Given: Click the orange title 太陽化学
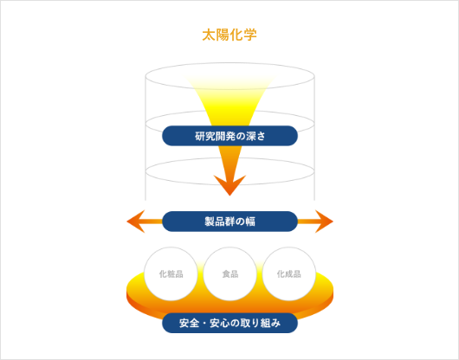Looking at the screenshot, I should click(x=229, y=35).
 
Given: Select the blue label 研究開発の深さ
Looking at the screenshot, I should click(x=229, y=136).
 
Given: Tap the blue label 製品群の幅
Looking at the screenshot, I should click(x=229, y=221).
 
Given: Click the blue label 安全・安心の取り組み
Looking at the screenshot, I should click(x=229, y=324).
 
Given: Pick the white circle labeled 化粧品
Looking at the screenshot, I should click(x=171, y=273).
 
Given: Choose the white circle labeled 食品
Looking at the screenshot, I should click(x=229, y=273).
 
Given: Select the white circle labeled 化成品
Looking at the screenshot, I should click(x=288, y=273).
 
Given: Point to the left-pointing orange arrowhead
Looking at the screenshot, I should click(x=135, y=222).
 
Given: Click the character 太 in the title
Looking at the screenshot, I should click(x=209, y=35).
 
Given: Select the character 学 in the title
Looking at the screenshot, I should click(x=250, y=35).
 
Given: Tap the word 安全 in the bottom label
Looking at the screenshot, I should click(x=190, y=324).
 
